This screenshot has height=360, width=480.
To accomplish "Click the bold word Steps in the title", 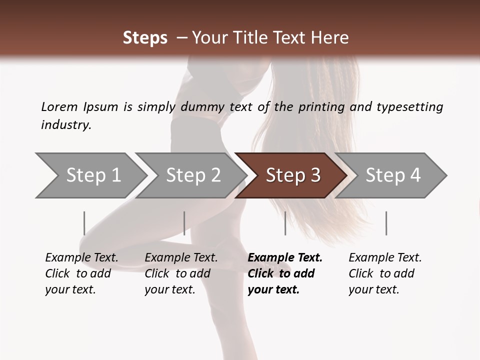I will coord(145,38).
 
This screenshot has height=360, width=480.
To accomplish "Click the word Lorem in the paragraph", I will coord(59,106).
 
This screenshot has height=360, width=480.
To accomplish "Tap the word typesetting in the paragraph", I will coord(409,106).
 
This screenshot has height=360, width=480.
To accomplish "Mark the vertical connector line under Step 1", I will coord(84,223).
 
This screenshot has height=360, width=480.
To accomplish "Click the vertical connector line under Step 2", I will coord(184,223).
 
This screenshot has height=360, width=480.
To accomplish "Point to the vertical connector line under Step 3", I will coord(285,223).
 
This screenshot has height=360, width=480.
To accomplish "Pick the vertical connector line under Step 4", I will coord(386,223).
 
